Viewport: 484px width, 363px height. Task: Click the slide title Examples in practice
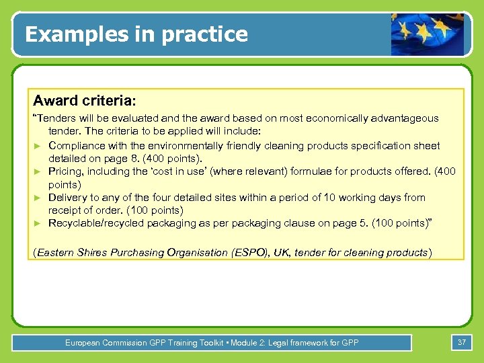point(136,34)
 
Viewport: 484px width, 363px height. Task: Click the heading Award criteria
point(85,101)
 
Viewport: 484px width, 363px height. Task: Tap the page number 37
point(462,342)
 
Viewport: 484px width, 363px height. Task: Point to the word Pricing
point(65,171)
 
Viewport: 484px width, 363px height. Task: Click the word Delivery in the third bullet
point(68,198)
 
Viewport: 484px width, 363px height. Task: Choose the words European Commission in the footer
point(102,343)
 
